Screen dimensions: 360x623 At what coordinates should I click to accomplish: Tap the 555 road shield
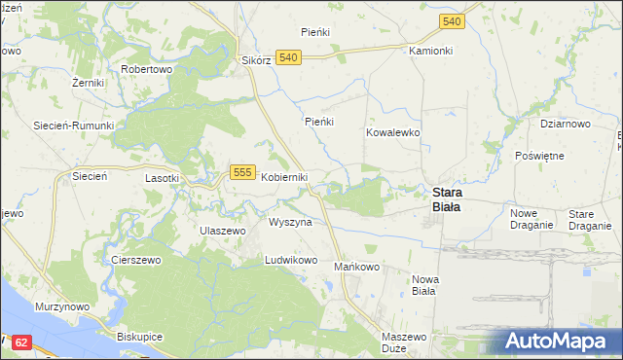click(243, 172)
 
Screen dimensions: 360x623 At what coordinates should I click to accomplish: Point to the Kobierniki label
click(284, 177)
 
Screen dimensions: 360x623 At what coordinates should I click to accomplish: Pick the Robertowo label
click(146, 70)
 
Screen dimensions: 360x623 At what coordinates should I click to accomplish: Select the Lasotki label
click(162, 178)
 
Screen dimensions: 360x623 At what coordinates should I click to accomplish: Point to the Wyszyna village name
click(290, 222)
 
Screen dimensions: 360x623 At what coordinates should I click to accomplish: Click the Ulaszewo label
click(222, 230)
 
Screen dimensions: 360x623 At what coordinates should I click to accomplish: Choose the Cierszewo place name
click(135, 260)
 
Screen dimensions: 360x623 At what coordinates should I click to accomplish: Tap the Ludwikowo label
click(292, 261)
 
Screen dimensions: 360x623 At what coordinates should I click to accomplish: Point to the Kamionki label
click(431, 50)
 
